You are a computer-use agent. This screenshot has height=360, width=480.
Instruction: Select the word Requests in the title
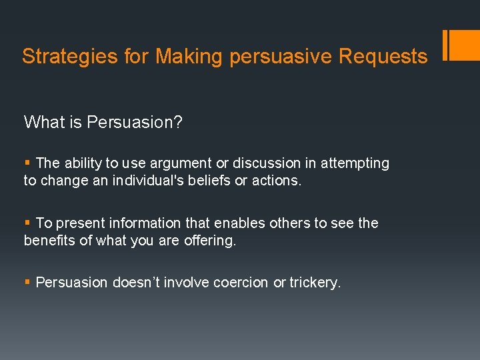point(383,57)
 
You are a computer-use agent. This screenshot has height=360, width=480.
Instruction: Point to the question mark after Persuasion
point(178,122)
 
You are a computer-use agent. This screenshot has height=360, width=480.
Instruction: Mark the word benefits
point(49,241)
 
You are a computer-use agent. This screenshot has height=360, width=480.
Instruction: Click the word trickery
point(315,283)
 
